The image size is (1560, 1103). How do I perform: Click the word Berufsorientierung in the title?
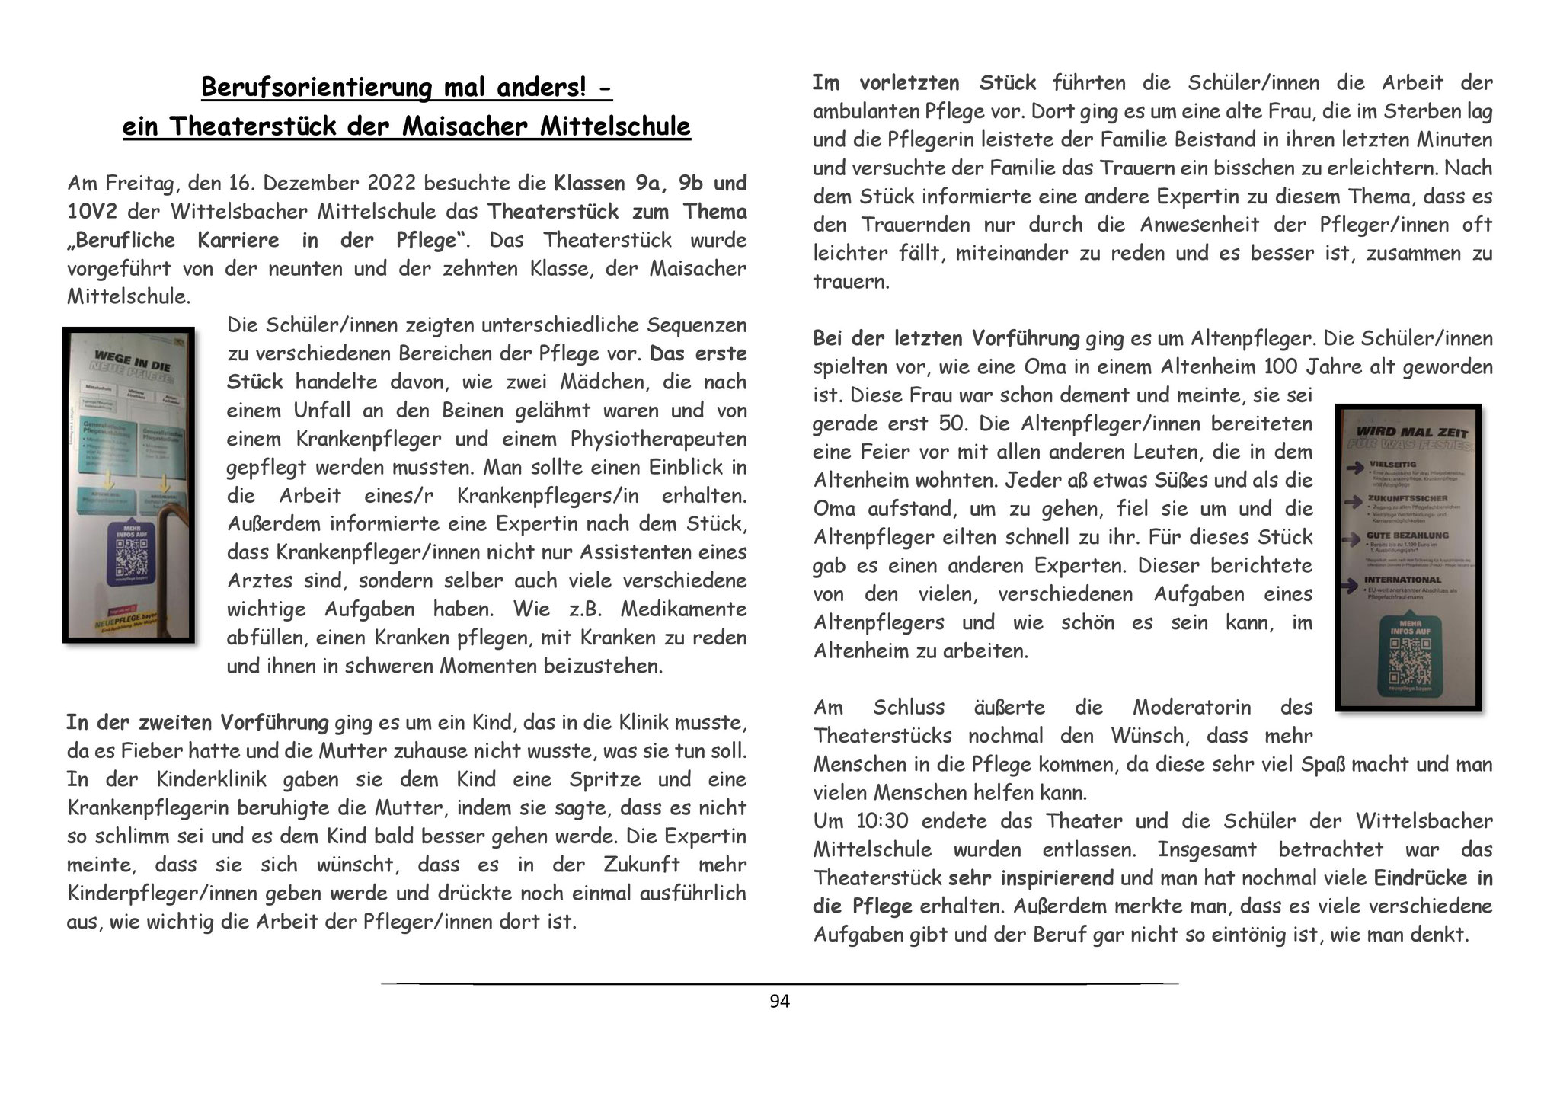click(318, 88)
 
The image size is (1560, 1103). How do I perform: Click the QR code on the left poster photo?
click(129, 562)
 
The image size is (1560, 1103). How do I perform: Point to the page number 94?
click(780, 1002)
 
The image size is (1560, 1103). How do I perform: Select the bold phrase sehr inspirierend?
click(1031, 878)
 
